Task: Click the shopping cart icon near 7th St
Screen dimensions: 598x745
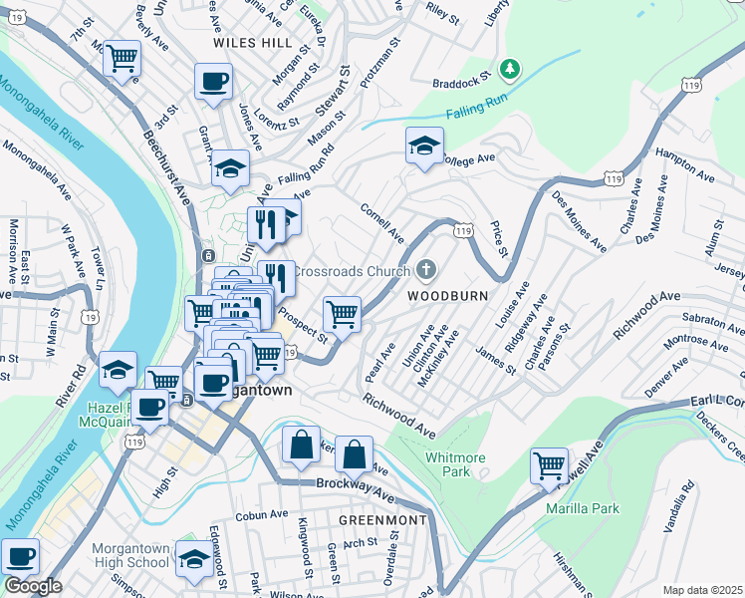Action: point(122,59)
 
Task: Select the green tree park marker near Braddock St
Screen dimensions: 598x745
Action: point(510,69)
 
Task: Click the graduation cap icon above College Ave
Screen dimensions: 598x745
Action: point(424,146)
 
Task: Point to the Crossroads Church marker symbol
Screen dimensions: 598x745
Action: point(426,270)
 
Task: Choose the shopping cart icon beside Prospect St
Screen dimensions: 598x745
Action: point(342,314)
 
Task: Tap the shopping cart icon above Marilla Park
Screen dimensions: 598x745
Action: point(549,465)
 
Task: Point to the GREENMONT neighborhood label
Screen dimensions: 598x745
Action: point(382,520)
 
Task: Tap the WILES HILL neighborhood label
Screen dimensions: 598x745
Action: point(253,44)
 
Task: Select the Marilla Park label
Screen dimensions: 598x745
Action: point(583,508)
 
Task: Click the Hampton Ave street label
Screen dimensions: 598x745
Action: point(685,166)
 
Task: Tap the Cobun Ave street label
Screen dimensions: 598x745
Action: point(262,516)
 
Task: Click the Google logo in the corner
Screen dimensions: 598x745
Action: point(32,586)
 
